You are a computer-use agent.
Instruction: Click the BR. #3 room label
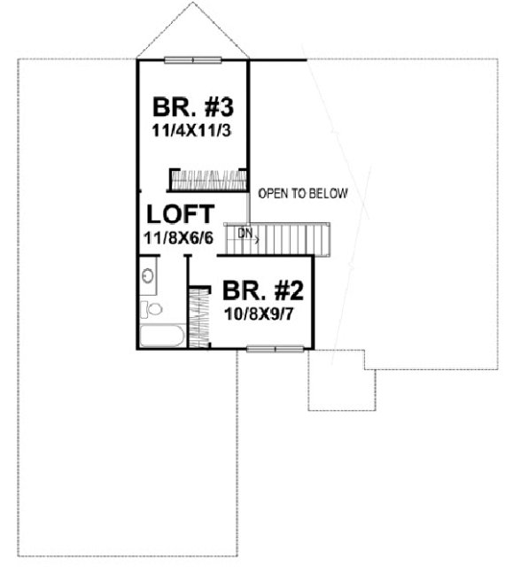point(193,109)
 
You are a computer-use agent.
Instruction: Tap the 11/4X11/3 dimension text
point(193,129)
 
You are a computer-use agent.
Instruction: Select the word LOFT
point(180,215)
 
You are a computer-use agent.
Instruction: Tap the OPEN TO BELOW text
point(303,193)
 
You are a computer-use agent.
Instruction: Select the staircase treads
point(288,239)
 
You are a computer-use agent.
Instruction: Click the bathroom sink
point(149,275)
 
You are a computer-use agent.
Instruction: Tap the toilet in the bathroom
point(152,309)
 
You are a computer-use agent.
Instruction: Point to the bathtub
point(162,337)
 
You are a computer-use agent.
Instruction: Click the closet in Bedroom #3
point(207,180)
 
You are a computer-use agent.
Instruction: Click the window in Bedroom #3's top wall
point(192,59)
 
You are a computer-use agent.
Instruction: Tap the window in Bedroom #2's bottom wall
point(276,349)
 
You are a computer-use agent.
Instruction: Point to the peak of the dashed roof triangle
point(192,4)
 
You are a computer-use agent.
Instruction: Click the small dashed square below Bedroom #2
point(336,380)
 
